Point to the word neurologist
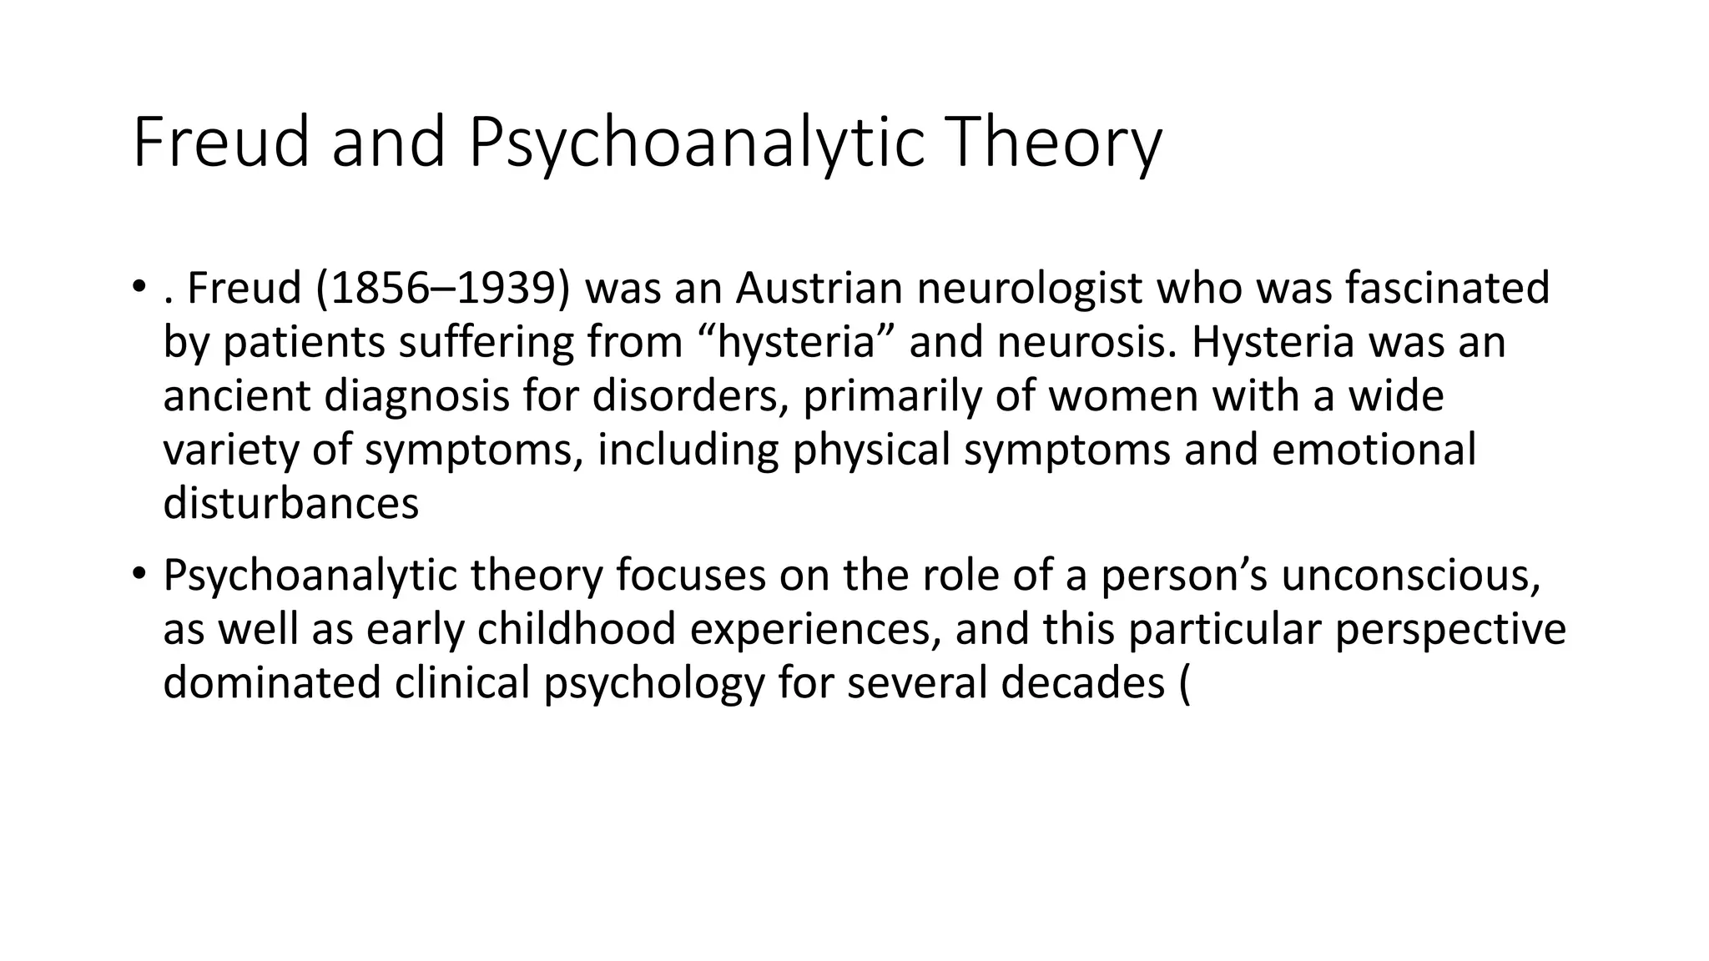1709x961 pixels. pos(1029,289)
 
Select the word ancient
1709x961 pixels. pos(236,395)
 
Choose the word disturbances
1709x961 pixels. pos(290,503)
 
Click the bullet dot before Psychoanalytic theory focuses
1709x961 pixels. pos(138,574)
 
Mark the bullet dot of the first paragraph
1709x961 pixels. pos(138,288)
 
